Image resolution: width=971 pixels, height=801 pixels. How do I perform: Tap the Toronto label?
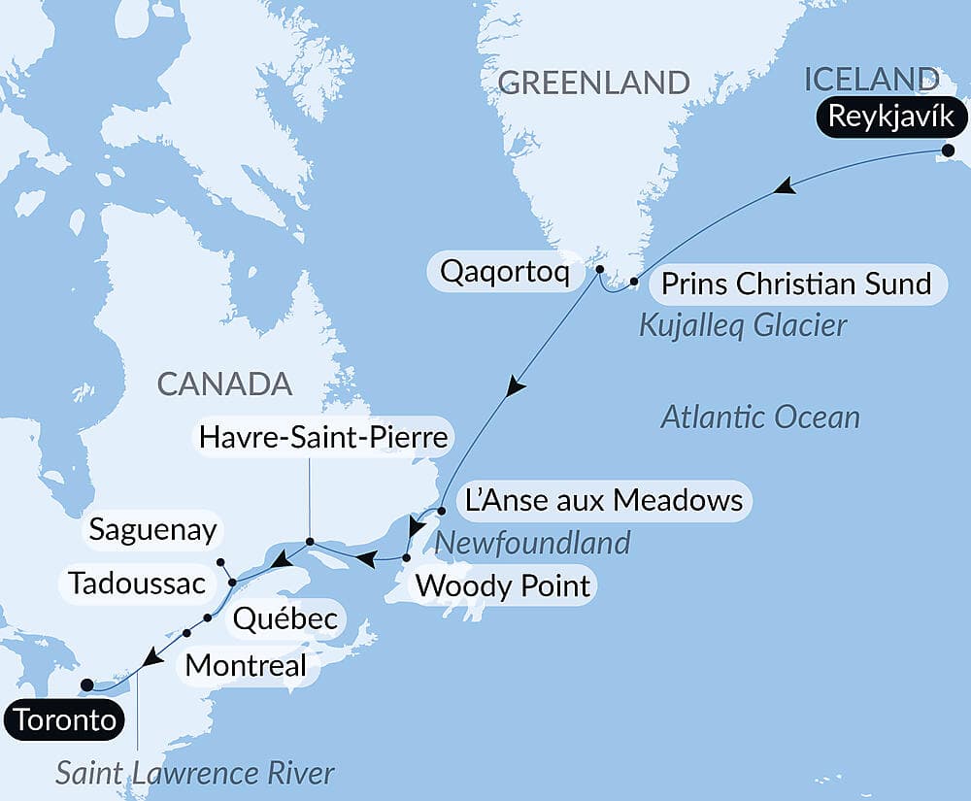click(65, 721)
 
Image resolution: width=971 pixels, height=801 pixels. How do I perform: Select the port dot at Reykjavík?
click(949, 150)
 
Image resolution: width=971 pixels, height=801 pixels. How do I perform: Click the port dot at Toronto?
click(86, 684)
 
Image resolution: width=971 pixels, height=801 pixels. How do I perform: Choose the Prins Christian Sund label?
click(795, 284)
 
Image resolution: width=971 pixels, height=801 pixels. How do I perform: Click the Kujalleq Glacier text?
click(743, 325)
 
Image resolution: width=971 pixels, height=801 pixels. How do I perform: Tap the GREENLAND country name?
click(593, 82)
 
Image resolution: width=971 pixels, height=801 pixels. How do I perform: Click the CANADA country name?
click(224, 384)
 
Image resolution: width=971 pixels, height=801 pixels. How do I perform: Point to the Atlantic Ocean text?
click(759, 417)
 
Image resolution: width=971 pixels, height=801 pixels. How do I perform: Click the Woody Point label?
click(502, 586)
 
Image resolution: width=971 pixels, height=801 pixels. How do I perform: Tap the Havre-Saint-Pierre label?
click(322, 437)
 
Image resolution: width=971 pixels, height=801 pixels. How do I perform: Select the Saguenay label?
click(152, 530)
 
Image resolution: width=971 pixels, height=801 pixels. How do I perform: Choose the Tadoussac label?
click(137, 584)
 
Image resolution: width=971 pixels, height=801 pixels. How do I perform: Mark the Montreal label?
click(246, 666)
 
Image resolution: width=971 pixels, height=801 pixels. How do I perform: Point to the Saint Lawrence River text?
click(195, 773)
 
